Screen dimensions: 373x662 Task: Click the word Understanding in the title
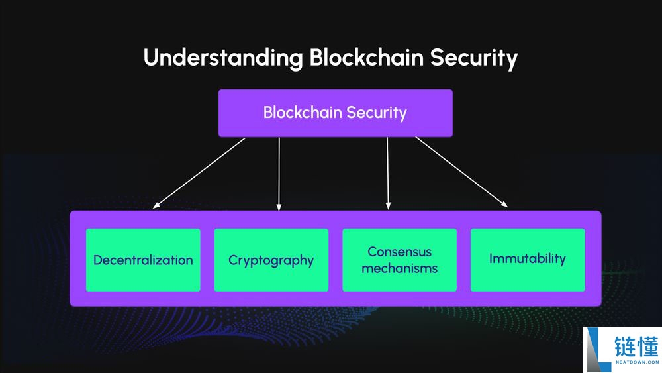pos(222,58)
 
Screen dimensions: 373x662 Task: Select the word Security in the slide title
pos(473,58)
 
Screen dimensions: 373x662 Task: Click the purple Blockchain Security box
pos(335,113)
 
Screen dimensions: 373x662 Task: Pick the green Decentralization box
pos(143,260)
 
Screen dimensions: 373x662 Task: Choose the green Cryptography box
pos(271,260)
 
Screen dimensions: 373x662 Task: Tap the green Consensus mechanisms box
pos(399,260)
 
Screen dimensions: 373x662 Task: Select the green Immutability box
pos(528,260)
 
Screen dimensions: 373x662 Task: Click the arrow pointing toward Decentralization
pos(199,173)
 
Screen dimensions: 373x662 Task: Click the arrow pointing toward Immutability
pos(461,172)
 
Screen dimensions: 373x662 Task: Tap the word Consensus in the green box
pos(399,252)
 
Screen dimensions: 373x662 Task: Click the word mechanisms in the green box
pos(399,268)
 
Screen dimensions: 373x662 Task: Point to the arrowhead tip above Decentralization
pos(154,207)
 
